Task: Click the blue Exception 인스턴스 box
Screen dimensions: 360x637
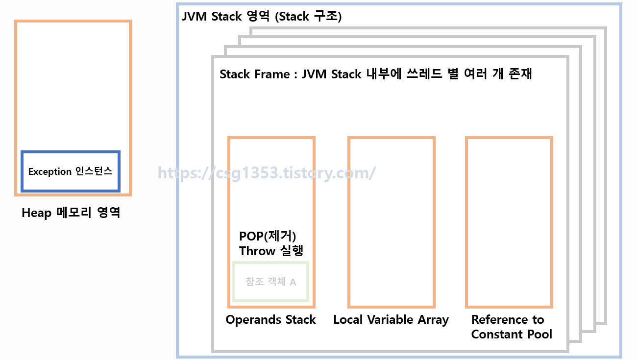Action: [x=71, y=171]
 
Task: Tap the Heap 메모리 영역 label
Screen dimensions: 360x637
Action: [x=71, y=214]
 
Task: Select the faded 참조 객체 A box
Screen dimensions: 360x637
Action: [x=271, y=282]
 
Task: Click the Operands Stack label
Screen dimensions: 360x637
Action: [x=270, y=320]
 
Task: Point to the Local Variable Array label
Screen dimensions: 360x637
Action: [x=391, y=320]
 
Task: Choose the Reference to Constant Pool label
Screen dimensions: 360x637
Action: [x=511, y=327]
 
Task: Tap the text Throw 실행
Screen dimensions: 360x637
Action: [x=271, y=251]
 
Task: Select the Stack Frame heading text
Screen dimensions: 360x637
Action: [x=375, y=74]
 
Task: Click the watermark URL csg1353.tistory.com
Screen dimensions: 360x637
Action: [x=267, y=172]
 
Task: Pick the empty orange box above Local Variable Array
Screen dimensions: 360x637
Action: [x=391, y=222]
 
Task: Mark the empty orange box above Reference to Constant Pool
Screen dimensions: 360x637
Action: [x=509, y=222]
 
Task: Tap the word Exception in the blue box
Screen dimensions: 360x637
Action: [x=50, y=172]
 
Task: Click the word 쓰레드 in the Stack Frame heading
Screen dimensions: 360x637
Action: [x=424, y=74]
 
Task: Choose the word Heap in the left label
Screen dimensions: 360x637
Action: [x=36, y=214]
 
